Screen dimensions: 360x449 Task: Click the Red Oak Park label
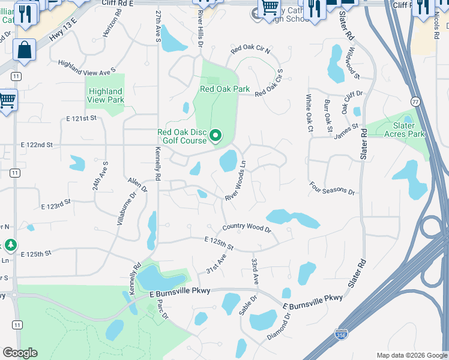click(x=224, y=89)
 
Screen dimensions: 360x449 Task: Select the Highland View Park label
click(x=106, y=95)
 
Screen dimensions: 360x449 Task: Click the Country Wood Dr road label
click(x=247, y=227)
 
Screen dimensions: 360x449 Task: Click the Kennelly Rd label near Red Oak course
click(x=158, y=164)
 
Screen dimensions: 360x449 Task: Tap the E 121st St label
click(x=82, y=119)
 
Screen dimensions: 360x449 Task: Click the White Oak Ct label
click(x=309, y=113)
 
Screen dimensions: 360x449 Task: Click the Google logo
click(x=20, y=353)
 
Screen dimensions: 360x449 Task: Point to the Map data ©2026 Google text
click(x=411, y=355)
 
